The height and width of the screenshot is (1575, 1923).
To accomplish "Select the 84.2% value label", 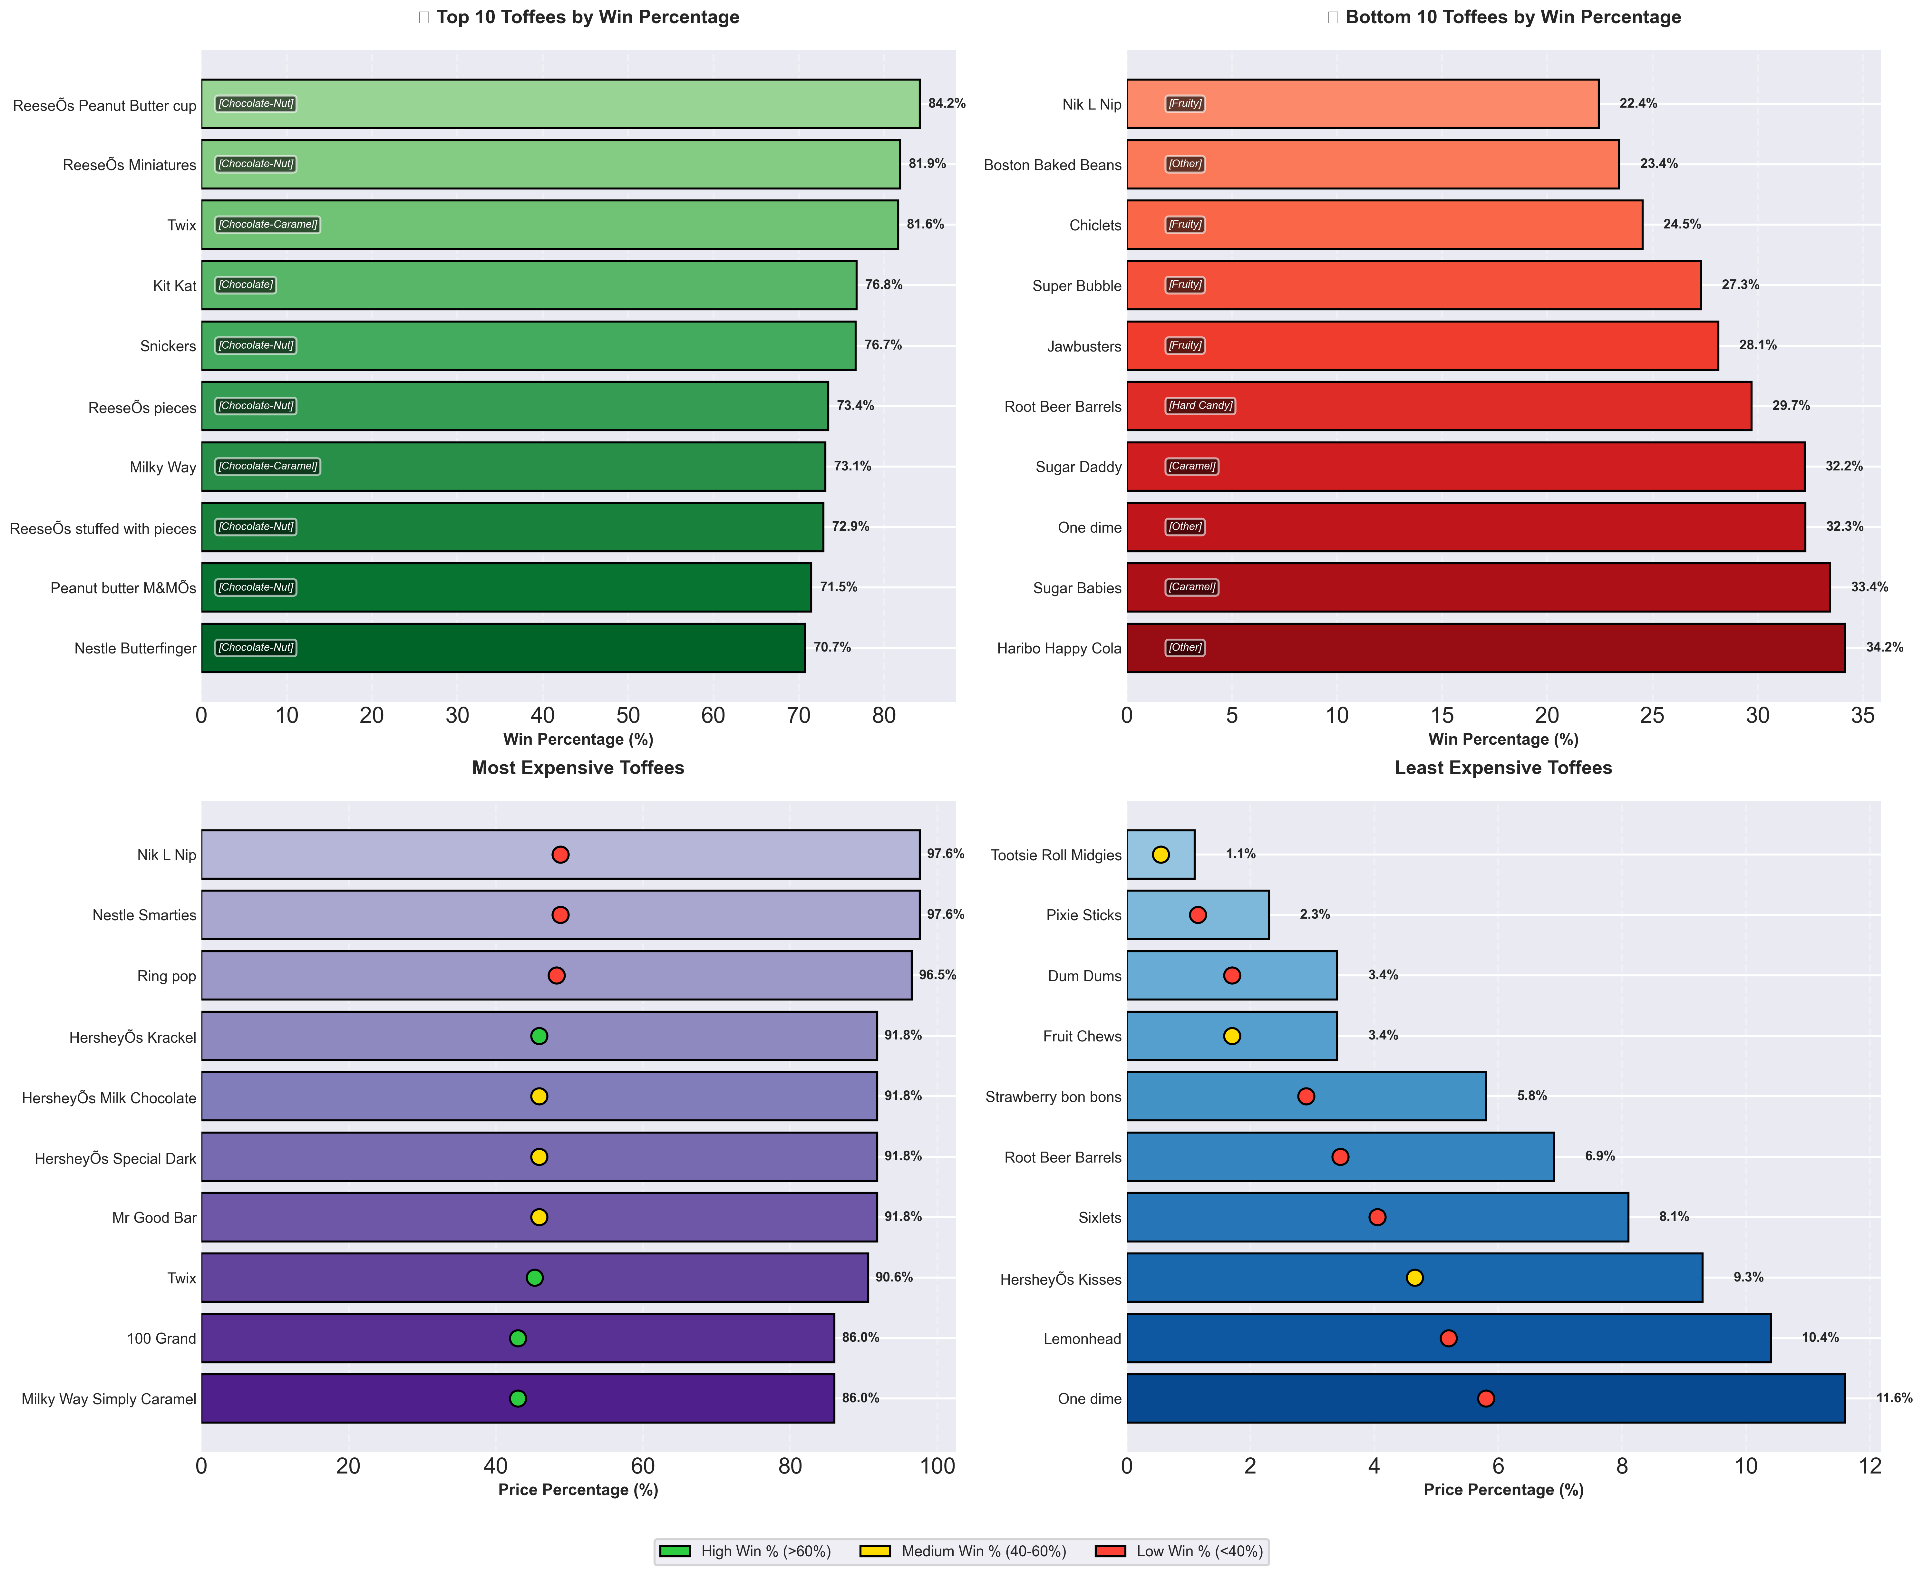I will pyautogui.click(x=947, y=103).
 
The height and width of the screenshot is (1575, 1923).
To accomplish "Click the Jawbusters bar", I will pyautogui.click(x=1422, y=346).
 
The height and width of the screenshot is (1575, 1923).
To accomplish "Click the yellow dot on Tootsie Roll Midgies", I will pyautogui.click(x=1161, y=855).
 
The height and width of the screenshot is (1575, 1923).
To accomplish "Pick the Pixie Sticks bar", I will pyautogui.click(x=1198, y=914).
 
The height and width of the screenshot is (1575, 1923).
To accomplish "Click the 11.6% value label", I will pyautogui.click(x=1894, y=1398).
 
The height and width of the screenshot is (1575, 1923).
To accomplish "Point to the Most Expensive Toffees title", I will pyautogui.click(x=578, y=768).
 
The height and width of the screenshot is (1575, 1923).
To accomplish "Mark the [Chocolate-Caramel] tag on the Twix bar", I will pyautogui.click(x=268, y=224).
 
